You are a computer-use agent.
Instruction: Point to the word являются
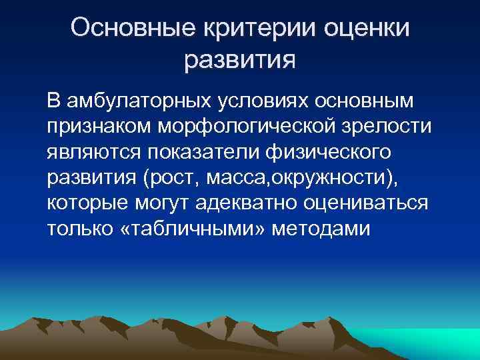click(90, 152)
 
